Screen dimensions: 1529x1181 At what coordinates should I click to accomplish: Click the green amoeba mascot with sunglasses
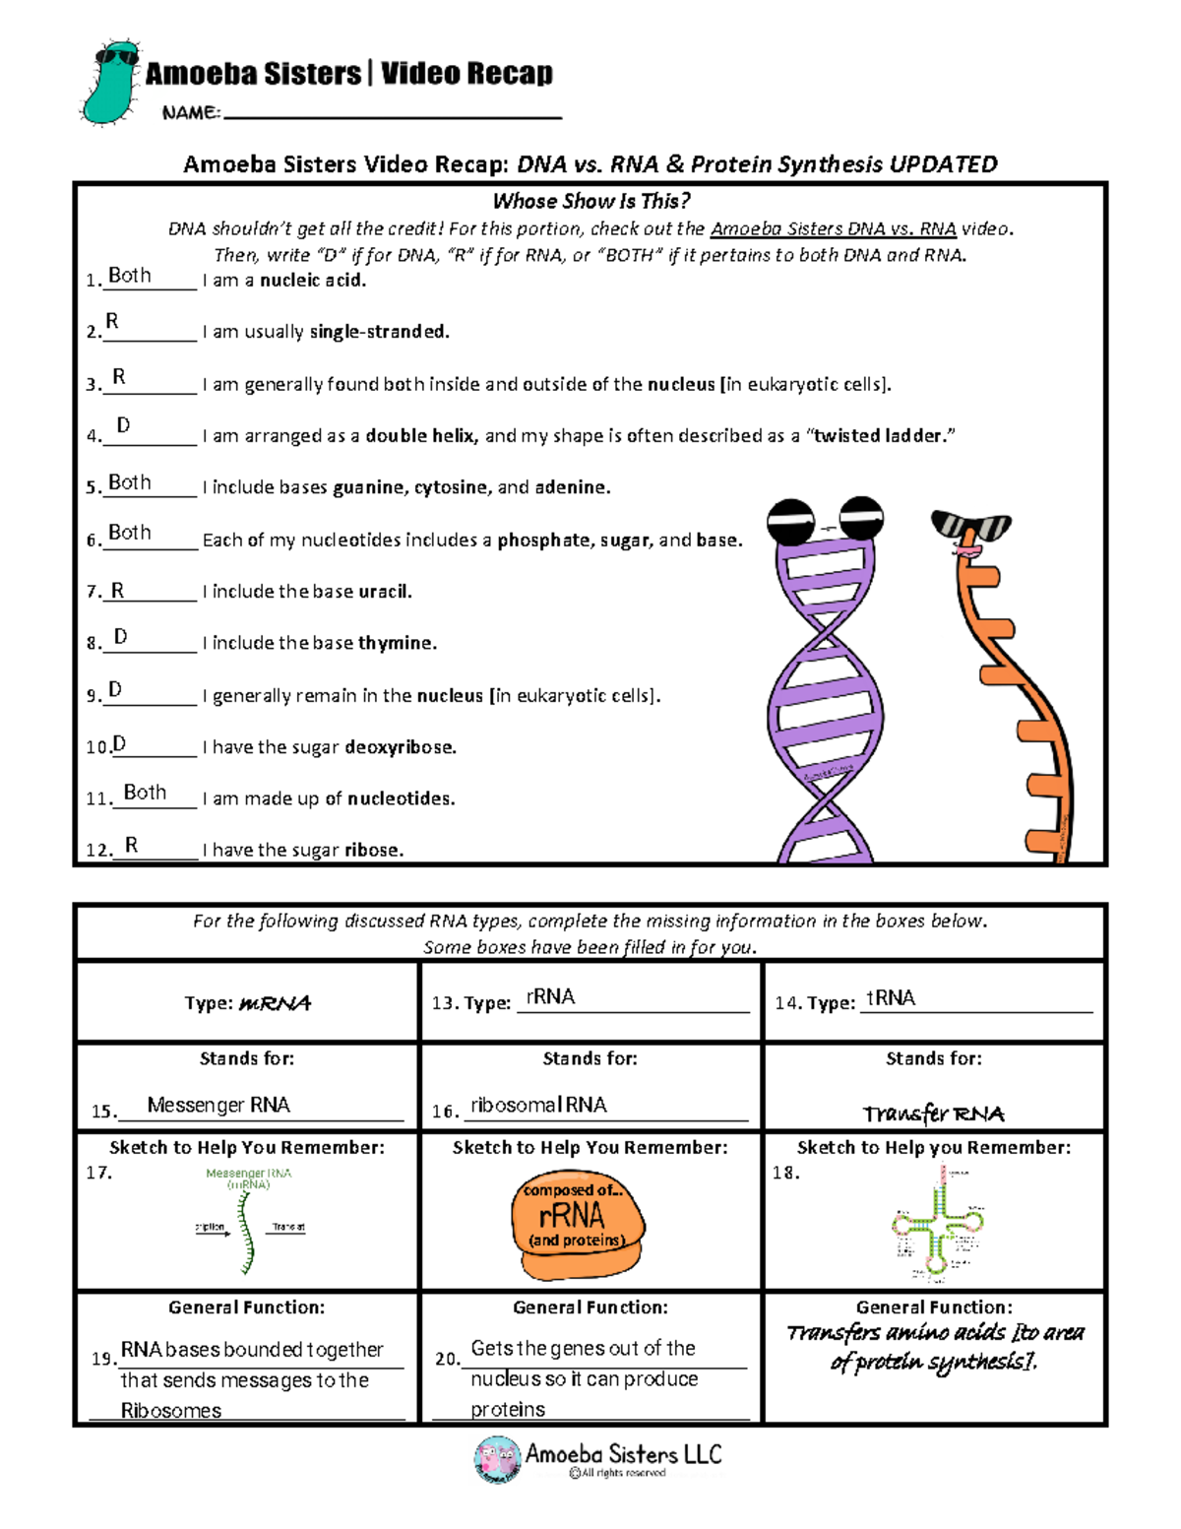(109, 84)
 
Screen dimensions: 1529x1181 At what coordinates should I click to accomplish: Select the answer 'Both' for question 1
(130, 276)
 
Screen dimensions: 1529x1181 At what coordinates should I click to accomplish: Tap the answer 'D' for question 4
(123, 425)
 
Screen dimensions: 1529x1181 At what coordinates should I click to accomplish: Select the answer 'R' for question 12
(131, 846)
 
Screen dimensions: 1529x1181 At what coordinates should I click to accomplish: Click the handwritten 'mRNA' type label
(275, 1003)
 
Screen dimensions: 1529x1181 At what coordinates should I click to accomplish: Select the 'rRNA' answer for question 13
(550, 997)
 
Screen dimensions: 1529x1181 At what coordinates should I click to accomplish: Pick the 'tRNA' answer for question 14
(891, 998)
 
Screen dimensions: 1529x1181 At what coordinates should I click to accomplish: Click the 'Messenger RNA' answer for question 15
(218, 1106)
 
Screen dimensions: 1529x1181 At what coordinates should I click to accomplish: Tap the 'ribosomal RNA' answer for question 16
(538, 1106)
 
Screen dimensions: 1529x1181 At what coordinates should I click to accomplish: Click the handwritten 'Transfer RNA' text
(933, 1114)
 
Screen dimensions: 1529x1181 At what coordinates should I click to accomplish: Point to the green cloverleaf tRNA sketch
(937, 1223)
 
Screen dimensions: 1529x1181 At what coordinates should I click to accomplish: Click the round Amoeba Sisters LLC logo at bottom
(497, 1459)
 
